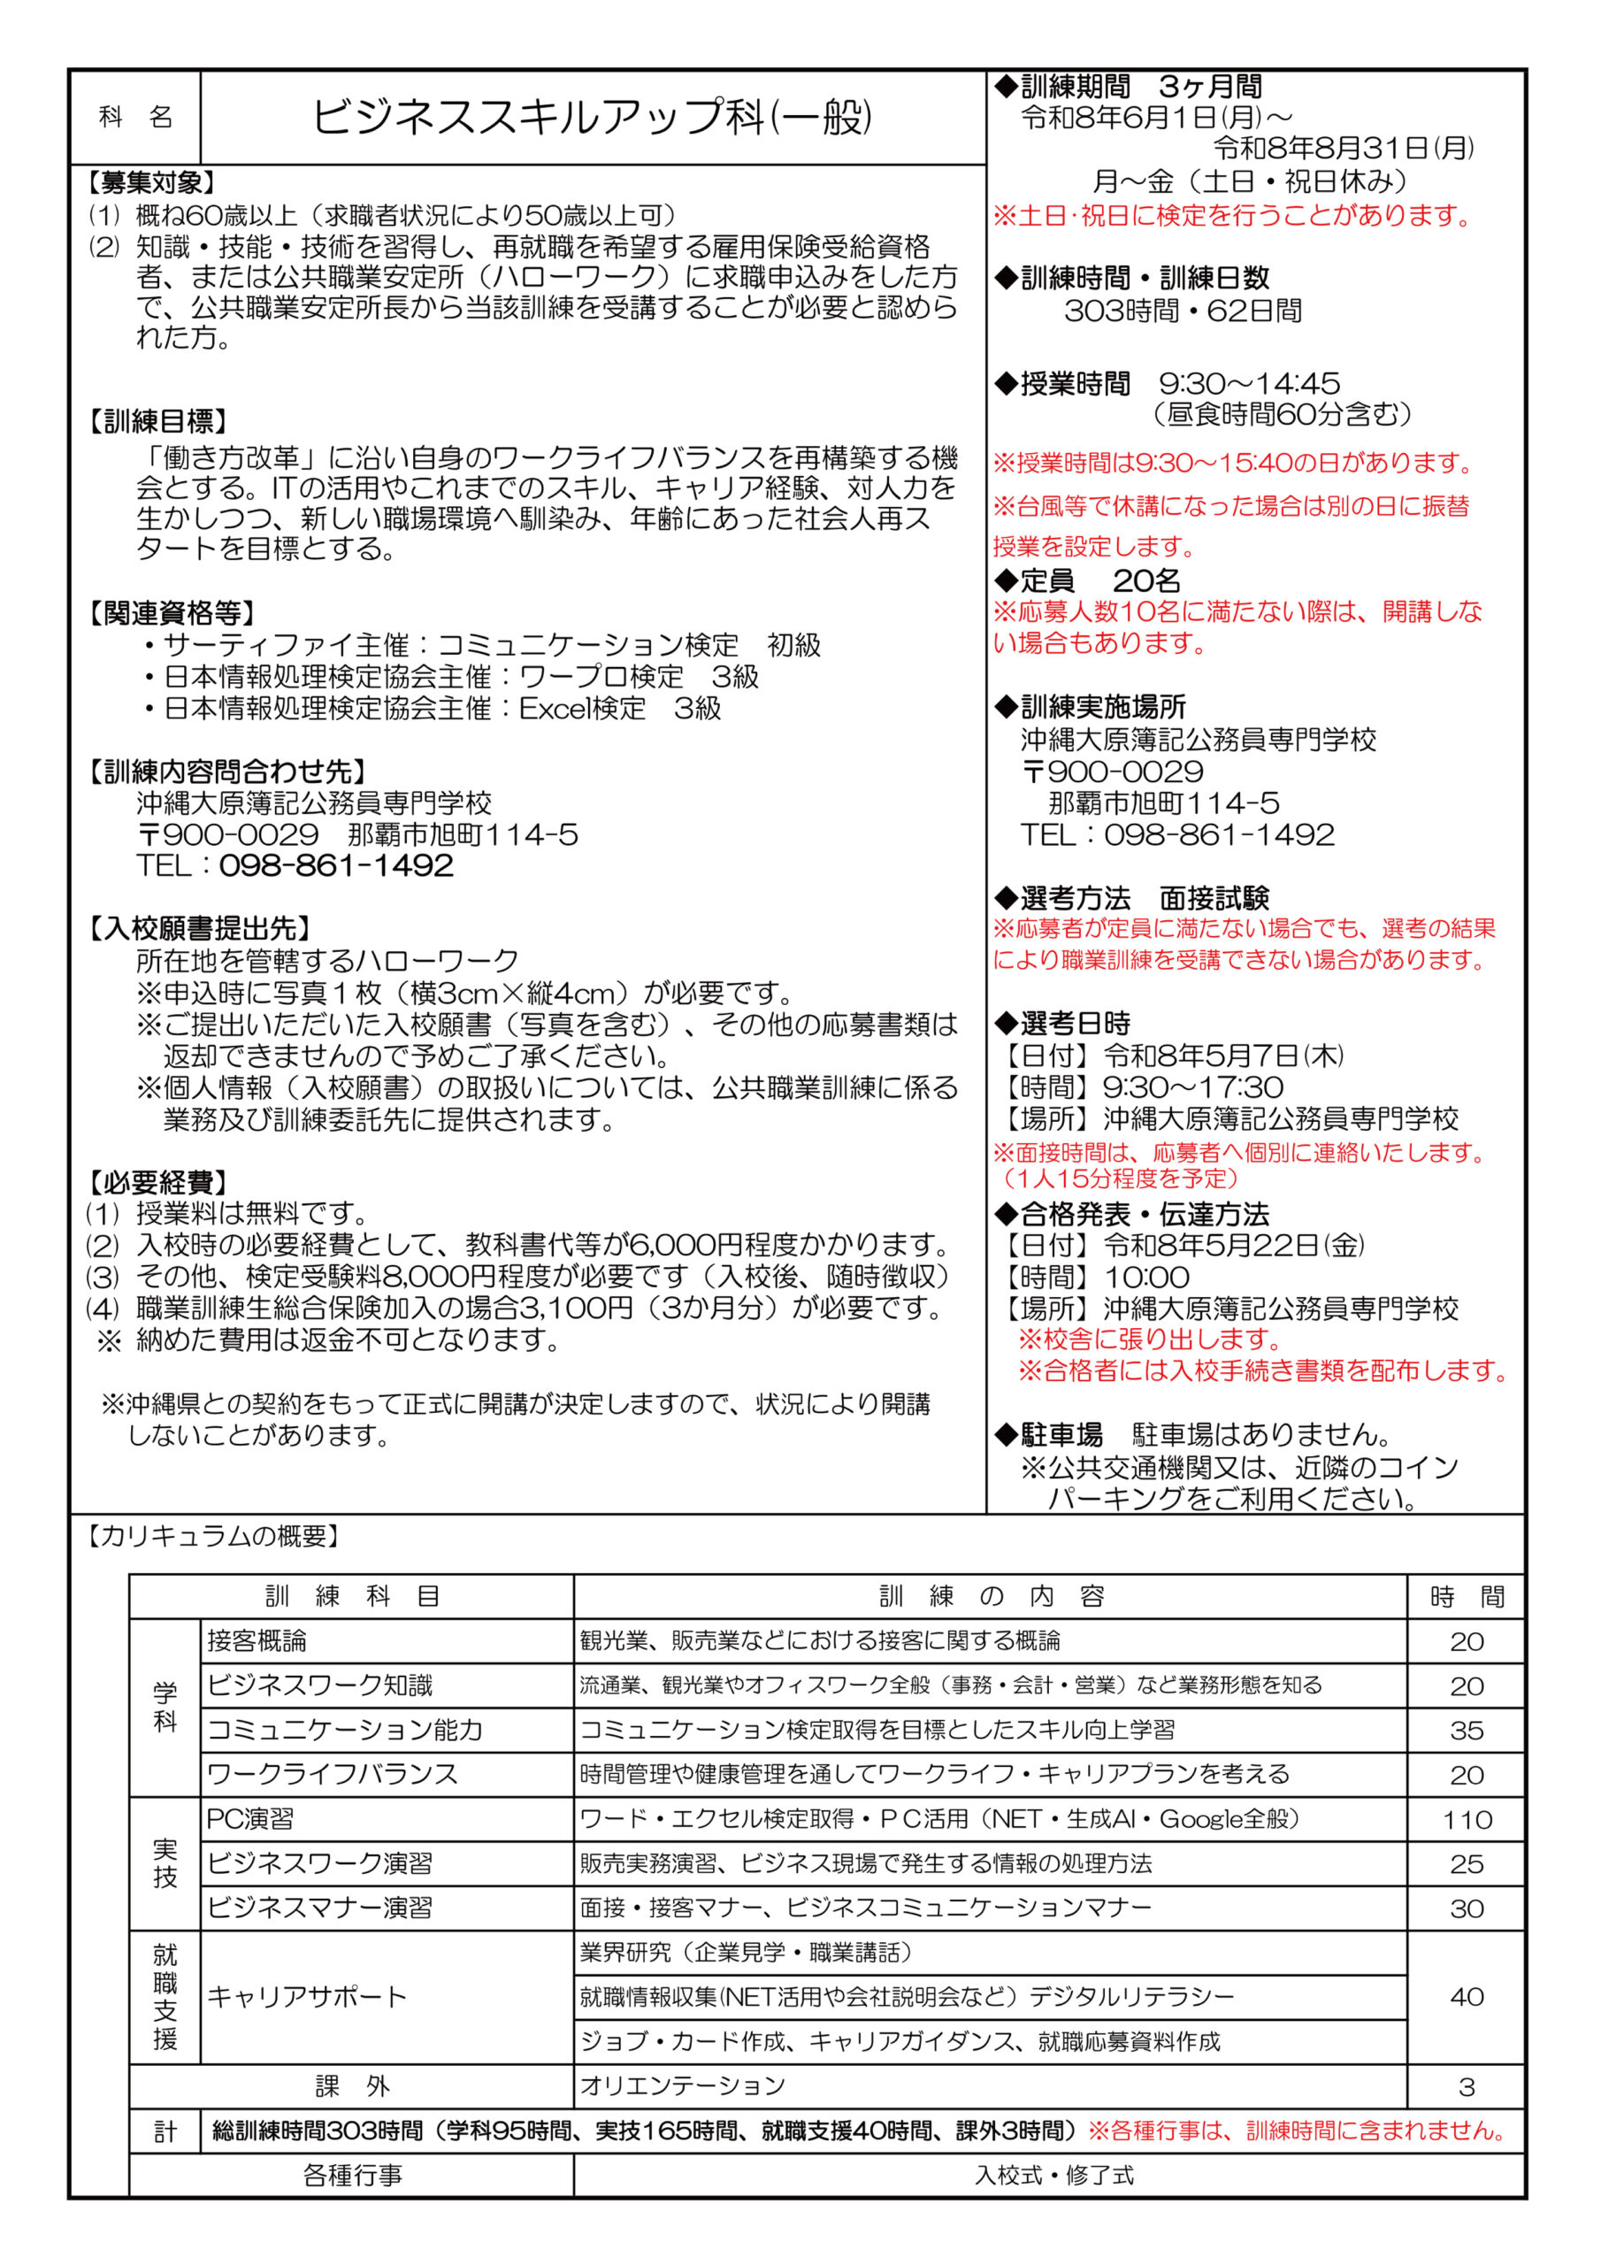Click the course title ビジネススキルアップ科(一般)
click(x=592, y=118)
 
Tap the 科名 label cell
click(x=135, y=118)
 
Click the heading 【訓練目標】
click(x=156, y=421)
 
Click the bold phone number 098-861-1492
click(x=336, y=865)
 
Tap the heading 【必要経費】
click(x=156, y=1182)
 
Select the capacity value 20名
click(x=1146, y=580)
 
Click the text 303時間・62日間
click(x=1183, y=311)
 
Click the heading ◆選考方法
click(x=1063, y=898)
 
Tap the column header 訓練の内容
click(x=991, y=1596)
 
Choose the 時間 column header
click(x=1467, y=1596)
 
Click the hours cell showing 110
click(x=1467, y=1819)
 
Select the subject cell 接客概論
click(x=257, y=1640)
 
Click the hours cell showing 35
click(x=1467, y=1731)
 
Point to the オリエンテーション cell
click(x=683, y=2085)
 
